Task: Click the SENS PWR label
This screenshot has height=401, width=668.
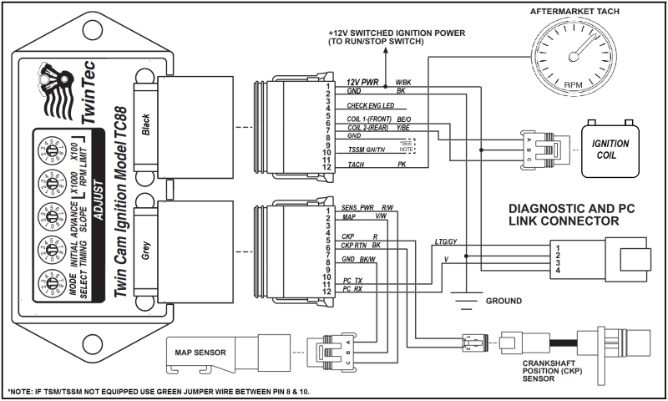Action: click(357, 206)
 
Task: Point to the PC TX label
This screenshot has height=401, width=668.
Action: click(353, 280)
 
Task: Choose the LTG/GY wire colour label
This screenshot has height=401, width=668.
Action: click(447, 242)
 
